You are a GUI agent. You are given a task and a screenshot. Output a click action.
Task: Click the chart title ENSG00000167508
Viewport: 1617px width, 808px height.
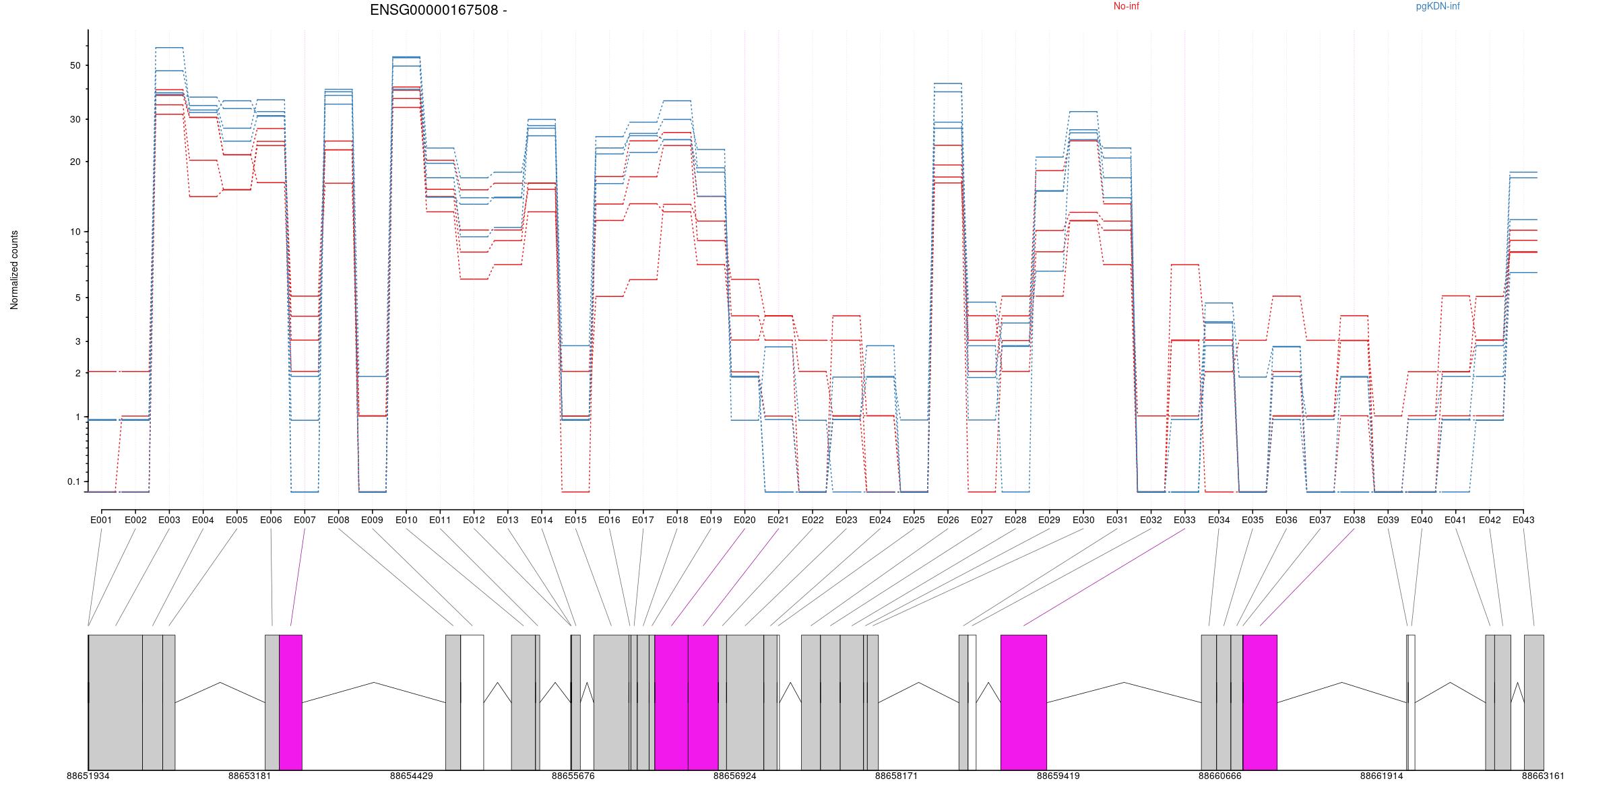pyautogui.click(x=438, y=10)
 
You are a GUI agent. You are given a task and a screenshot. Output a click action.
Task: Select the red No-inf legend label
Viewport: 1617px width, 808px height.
pyautogui.click(x=1126, y=7)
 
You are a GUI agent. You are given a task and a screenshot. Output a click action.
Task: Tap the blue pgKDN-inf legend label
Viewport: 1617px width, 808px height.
pyautogui.click(x=1437, y=7)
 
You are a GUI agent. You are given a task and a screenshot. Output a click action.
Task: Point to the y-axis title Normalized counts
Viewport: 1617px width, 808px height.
pyautogui.click(x=14, y=270)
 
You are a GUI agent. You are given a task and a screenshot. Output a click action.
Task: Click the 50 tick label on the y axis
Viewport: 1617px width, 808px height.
pyautogui.click(x=74, y=65)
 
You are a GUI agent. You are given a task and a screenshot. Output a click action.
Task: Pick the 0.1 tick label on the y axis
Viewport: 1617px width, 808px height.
pyautogui.click(x=73, y=481)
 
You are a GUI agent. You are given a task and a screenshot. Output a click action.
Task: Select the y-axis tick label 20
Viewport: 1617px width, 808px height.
pyautogui.click(x=74, y=162)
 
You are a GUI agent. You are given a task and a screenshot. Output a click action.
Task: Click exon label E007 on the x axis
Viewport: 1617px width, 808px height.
pyautogui.click(x=305, y=520)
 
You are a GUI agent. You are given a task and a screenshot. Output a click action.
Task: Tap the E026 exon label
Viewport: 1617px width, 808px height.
pyautogui.click(x=947, y=520)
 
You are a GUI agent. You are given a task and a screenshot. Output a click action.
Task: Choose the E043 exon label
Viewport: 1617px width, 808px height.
pyautogui.click(x=1523, y=520)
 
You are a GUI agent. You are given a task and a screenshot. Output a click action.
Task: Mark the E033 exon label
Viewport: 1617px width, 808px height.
pyautogui.click(x=1184, y=520)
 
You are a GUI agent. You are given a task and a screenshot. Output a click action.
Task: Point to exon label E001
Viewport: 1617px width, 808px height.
pyautogui.click(x=101, y=520)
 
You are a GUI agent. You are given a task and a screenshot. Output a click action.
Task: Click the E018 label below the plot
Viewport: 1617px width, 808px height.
pyautogui.click(x=677, y=520)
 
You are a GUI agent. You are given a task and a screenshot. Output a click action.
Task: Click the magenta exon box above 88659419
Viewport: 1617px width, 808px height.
pyautogui.click(x=1023, y=702)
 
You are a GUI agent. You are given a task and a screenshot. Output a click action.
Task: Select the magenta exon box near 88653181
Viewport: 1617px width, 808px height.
pyautogui.click(x=290, y=702)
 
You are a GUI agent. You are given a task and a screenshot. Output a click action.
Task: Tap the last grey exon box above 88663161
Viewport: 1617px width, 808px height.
pyautogui.click(x=1533, y=702)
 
